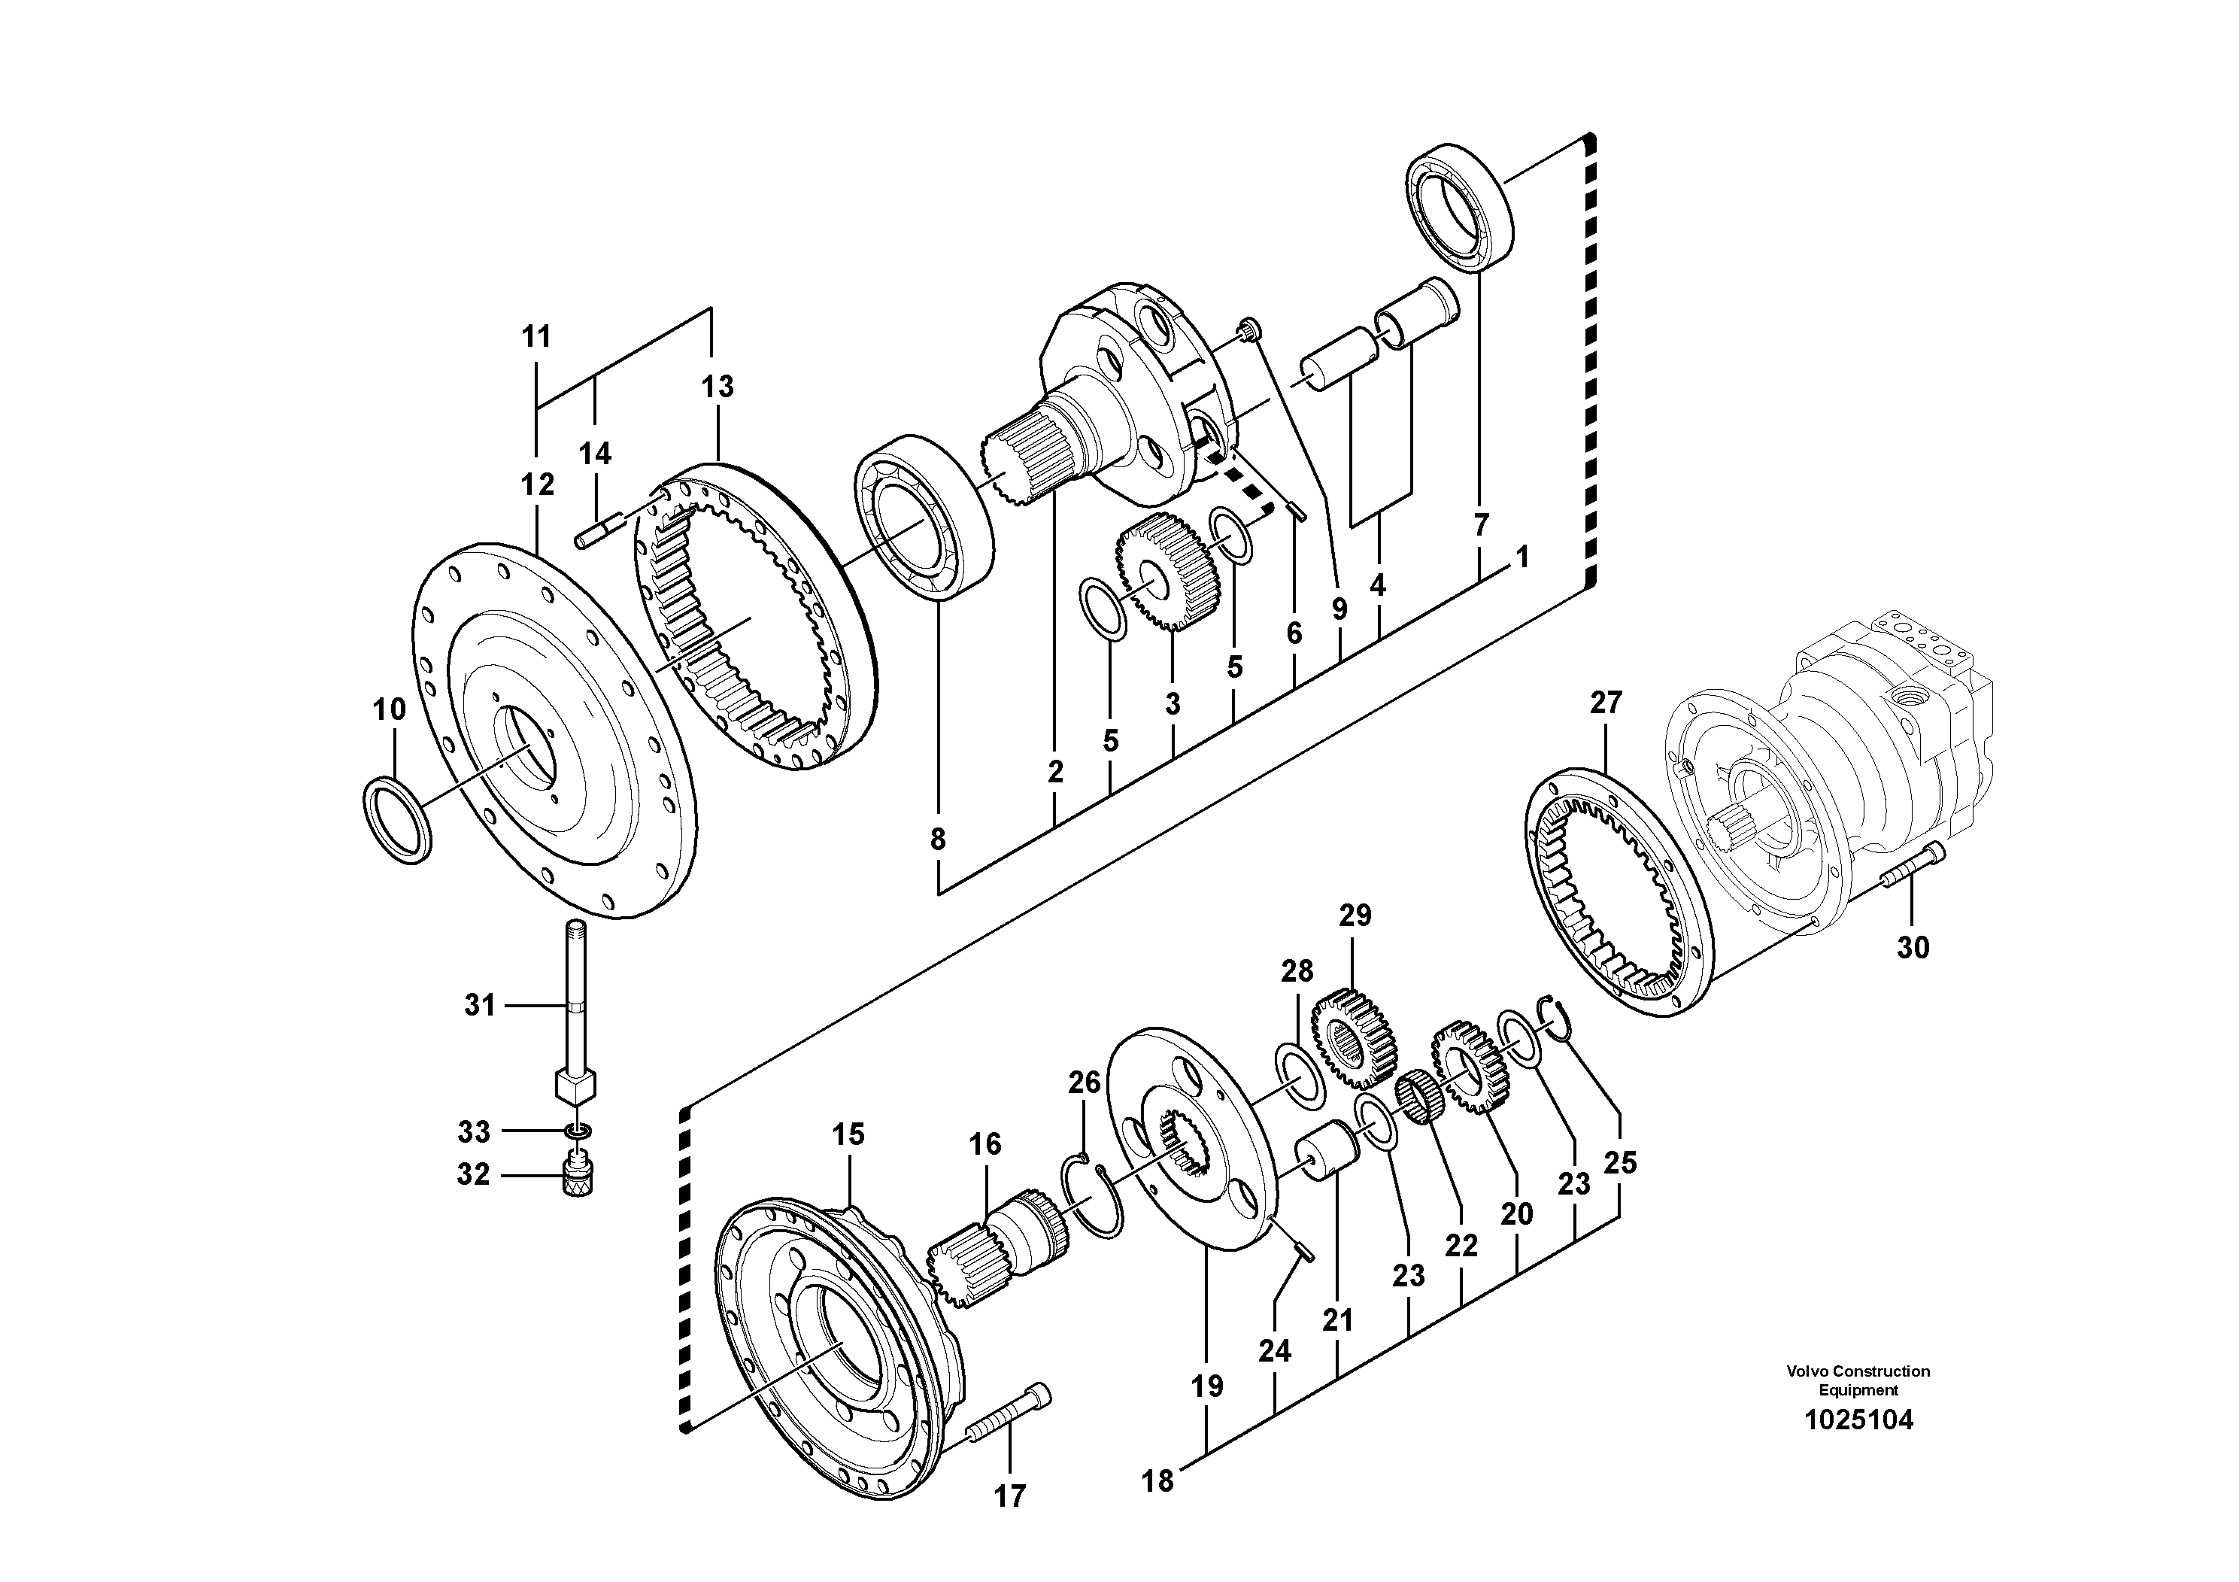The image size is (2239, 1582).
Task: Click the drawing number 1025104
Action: click(1858, 1420)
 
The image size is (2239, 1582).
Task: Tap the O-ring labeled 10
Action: click(396, 819)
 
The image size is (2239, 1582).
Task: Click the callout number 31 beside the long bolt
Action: click(480, 1004)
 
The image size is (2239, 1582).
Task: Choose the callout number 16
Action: click(985, 1144)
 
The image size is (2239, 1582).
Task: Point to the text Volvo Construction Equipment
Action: click(1858, 1380)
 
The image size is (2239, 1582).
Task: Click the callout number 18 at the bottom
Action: click(1158, 1480)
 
